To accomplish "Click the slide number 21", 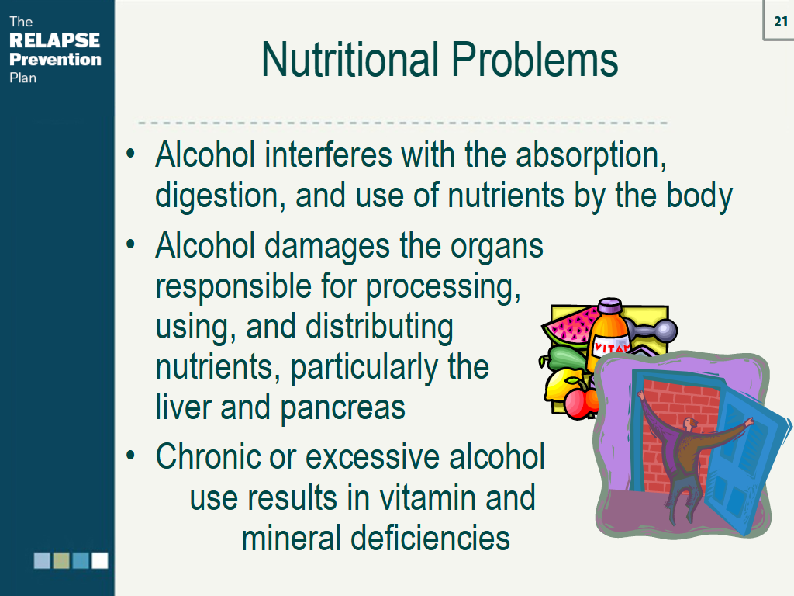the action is [x=781, y=21].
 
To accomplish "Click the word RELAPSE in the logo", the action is [x=55, y=40].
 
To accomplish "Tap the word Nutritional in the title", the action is [x=350, y=60].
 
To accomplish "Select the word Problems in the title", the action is [x=534, y=60].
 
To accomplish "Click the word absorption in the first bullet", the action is [x=590, y=156].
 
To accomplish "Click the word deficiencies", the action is [x=430, y=538].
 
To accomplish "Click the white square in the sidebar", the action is [x=100, y=560].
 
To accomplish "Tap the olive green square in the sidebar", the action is [x=61, y=560].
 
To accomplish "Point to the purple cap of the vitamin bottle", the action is [x=609, y=306].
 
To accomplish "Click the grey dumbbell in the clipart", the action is [x=654, y=329].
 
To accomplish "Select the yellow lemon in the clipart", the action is [x=563, y=386].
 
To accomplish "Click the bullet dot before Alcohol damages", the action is [x=130, y=244].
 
